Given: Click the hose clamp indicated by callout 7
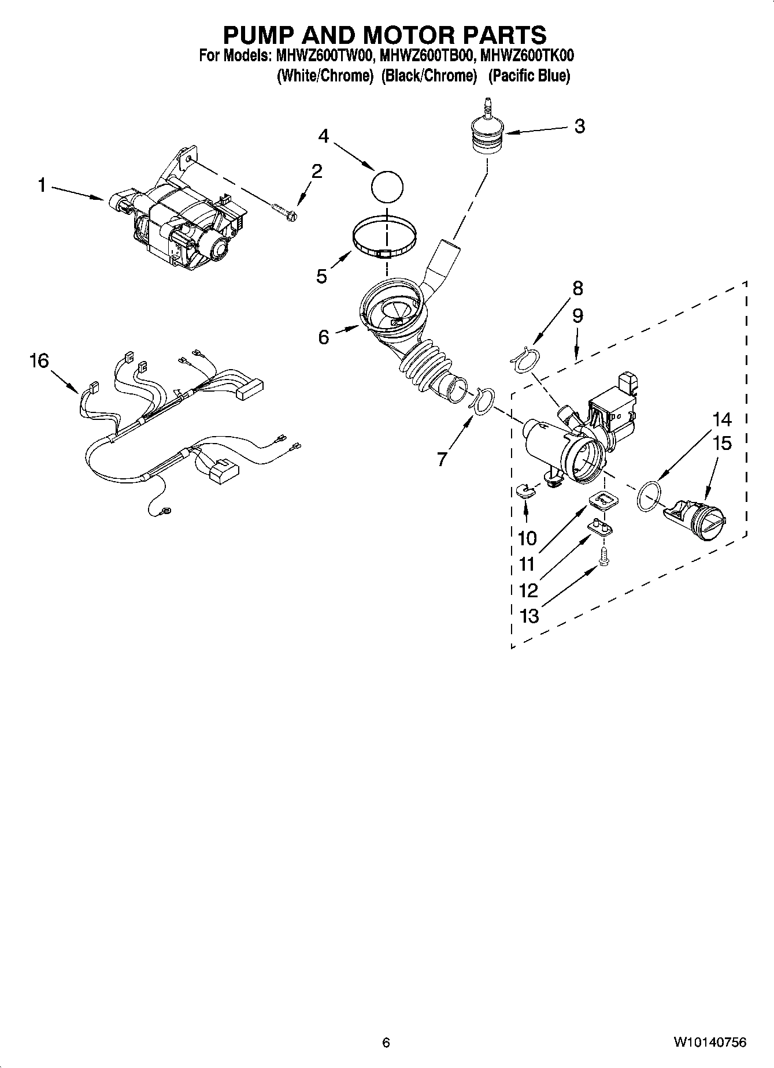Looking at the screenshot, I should pyautogui.click(x=482, y=400).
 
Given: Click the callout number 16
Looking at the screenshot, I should pyautogui.click(x=39, y=361).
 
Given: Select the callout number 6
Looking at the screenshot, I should pyautogui.click(x=323, y=336).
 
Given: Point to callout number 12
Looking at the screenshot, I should pyautogui.click(x=528, y=590).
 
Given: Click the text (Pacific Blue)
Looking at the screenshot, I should pyautogui.click(x=529, y=76).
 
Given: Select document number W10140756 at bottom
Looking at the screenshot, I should pyautogui.click(x=709, y=1042).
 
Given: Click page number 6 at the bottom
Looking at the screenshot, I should pyautogui.click(x=386, y=1042).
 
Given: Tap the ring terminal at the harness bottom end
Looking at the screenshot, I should pyautogui.click(x=166, y=510).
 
